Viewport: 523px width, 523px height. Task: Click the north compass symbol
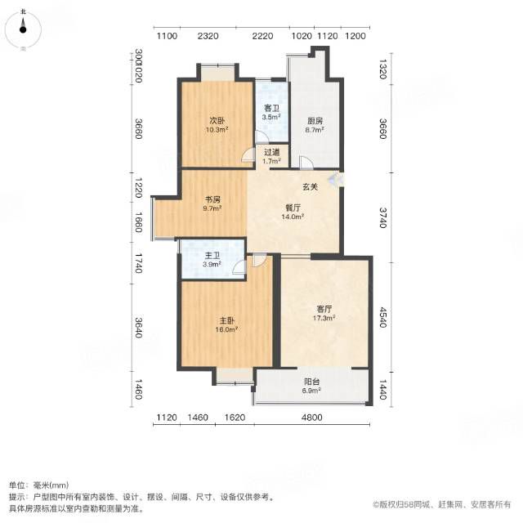pyautogui.click(x=23, y=29)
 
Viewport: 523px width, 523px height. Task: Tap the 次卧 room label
pyautogui.click(x=217, y=120)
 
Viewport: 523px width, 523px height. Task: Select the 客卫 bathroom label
pyautogui.click(x=271, y=109)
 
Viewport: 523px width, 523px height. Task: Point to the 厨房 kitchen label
pyautogui.click(x=315, y=121)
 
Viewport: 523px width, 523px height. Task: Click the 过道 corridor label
pyautogui.click(x=271, y=153)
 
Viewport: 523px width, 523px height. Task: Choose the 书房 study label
pyautogui.click(x=212, y=199)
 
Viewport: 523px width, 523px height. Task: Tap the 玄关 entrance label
pyautogui.click(x=310, y=187)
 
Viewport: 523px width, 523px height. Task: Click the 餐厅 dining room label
pyautogui.click(x=293, y=208)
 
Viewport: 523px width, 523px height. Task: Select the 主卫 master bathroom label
pyautogui.click(x=212, y=256)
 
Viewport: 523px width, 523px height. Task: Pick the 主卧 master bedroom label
pyautogui.click(x=227, y=321)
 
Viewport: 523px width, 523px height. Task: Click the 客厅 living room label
pyautogui.click(x=324, y=309)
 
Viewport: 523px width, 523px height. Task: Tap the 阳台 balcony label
pyautogui.click(x=311, y=382)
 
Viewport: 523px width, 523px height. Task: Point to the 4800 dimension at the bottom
pyautogui.click(x=312, y=418)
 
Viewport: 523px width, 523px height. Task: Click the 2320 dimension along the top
pyautogui.click(x=208, y=36)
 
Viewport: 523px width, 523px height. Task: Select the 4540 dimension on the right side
pyautogui.click(x=382, y=317)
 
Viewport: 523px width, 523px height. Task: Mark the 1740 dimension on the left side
pyautogui.click(x=138, y=263)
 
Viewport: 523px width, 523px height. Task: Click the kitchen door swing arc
pyautogui.click(x=307, y=161)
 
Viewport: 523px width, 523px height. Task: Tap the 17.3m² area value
pyautogui.click(x=324, y=318)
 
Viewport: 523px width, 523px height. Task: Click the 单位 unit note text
pyautogui.click(x=16, y=485)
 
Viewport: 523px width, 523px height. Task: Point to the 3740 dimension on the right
pyautogui.click(x=382, y=217)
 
